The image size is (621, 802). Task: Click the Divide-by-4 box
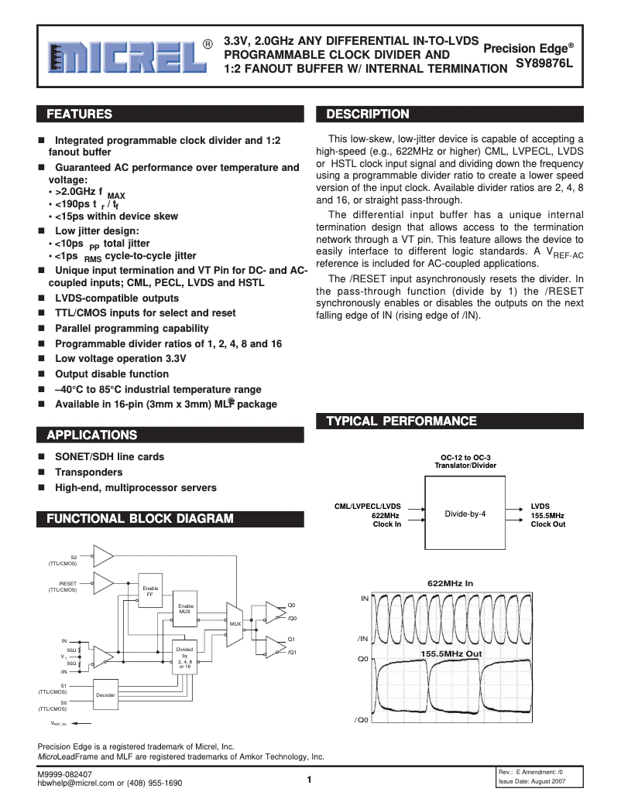465,514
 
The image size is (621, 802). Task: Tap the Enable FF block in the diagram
151,592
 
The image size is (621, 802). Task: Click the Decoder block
105,695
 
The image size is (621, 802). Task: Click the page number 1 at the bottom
309,780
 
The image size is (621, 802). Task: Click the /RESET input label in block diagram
67,583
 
